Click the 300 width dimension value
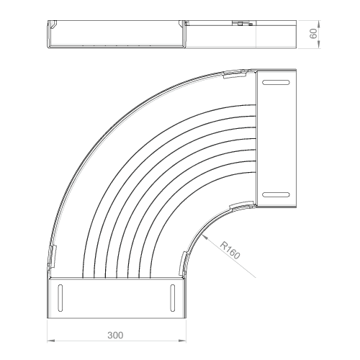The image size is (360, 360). point(115,336)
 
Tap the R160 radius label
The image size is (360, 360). point(230,251)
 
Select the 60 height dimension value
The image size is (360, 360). point(313,33)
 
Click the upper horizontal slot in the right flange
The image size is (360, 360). point(276,82)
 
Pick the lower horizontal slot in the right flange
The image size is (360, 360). point(276,194)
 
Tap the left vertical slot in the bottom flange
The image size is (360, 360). point(60,298)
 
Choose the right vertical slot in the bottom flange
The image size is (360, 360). point(173,298)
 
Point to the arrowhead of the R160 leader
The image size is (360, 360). point(205,237)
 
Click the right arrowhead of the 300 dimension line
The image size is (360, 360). point(182,341)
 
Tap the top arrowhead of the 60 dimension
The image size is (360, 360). point(318,24)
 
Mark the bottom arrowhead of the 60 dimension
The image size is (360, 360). point(318,44)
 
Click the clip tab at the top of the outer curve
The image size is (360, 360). point(235,74)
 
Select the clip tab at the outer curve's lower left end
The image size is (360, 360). point(52,257)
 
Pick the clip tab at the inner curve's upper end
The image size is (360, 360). point(242,206)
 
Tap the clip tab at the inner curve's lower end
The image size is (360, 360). point(183,263)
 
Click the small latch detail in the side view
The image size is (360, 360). point(243,24)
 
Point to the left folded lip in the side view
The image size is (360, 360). point(53,24)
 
